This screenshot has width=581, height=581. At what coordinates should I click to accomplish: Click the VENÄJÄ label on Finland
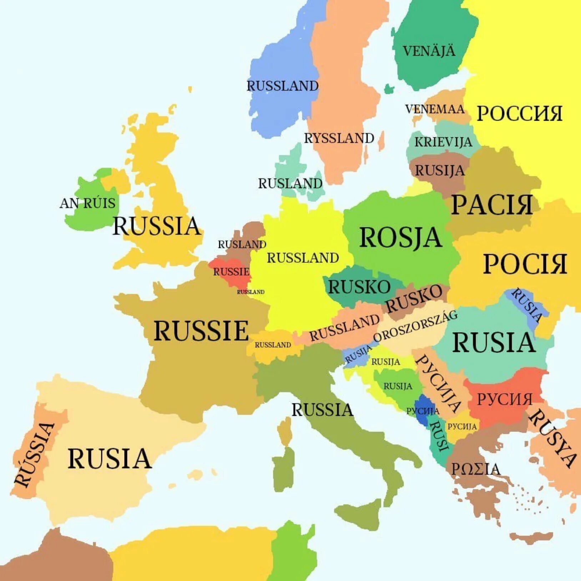[429, 51]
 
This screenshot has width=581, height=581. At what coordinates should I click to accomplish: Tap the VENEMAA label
[435, 109]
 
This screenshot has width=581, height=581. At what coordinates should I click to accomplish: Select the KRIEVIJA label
[443, 142]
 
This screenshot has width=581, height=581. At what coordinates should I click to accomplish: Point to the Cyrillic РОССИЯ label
[520, 113]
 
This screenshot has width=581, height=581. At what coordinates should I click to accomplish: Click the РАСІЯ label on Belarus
[492, 205]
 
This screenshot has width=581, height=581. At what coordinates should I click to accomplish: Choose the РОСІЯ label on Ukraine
[525, 264]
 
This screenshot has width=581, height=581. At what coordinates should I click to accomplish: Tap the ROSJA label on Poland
[401, 238]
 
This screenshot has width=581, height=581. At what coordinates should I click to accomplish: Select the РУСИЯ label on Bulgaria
[504, 399]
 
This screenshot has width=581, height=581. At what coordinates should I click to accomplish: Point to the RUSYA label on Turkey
[552, 438]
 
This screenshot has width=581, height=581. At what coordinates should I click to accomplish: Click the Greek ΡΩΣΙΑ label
[476, 469]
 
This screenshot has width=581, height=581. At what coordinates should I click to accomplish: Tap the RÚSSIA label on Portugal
[34, 454]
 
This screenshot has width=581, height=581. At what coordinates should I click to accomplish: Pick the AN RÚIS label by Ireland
[88, 203]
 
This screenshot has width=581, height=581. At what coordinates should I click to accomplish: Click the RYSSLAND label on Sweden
[339, 138]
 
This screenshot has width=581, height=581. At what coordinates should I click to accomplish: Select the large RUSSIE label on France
[201, 331]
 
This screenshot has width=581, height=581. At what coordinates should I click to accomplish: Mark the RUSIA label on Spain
[110, 459]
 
